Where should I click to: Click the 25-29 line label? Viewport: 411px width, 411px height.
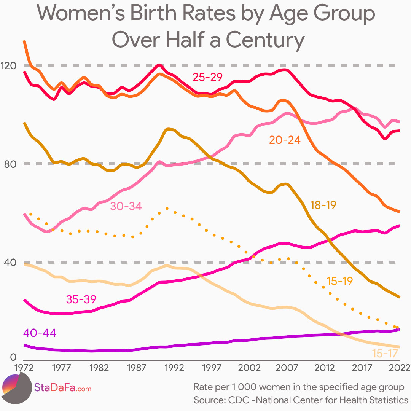(x=207, y=77)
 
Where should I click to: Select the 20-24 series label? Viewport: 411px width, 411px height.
(x=285, y=140)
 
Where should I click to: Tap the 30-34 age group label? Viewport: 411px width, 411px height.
(x=126, y=206)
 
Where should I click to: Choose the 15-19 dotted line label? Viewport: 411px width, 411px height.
(x=340, y=281)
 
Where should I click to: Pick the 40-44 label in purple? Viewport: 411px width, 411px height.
(x=40, y=333)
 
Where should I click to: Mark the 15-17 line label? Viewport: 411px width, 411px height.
(x=386, y=354)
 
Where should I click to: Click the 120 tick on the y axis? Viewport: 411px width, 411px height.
(x=9, y=65)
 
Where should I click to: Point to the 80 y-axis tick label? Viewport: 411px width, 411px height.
(x=9, y=164)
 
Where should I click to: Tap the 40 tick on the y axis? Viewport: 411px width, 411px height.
(x=9, y=263)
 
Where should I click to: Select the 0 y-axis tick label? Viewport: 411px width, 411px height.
(x=13, y=357)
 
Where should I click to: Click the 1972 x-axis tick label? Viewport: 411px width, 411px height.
(x=24, y=368)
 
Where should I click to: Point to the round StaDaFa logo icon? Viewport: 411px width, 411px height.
(x=16, y=388)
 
